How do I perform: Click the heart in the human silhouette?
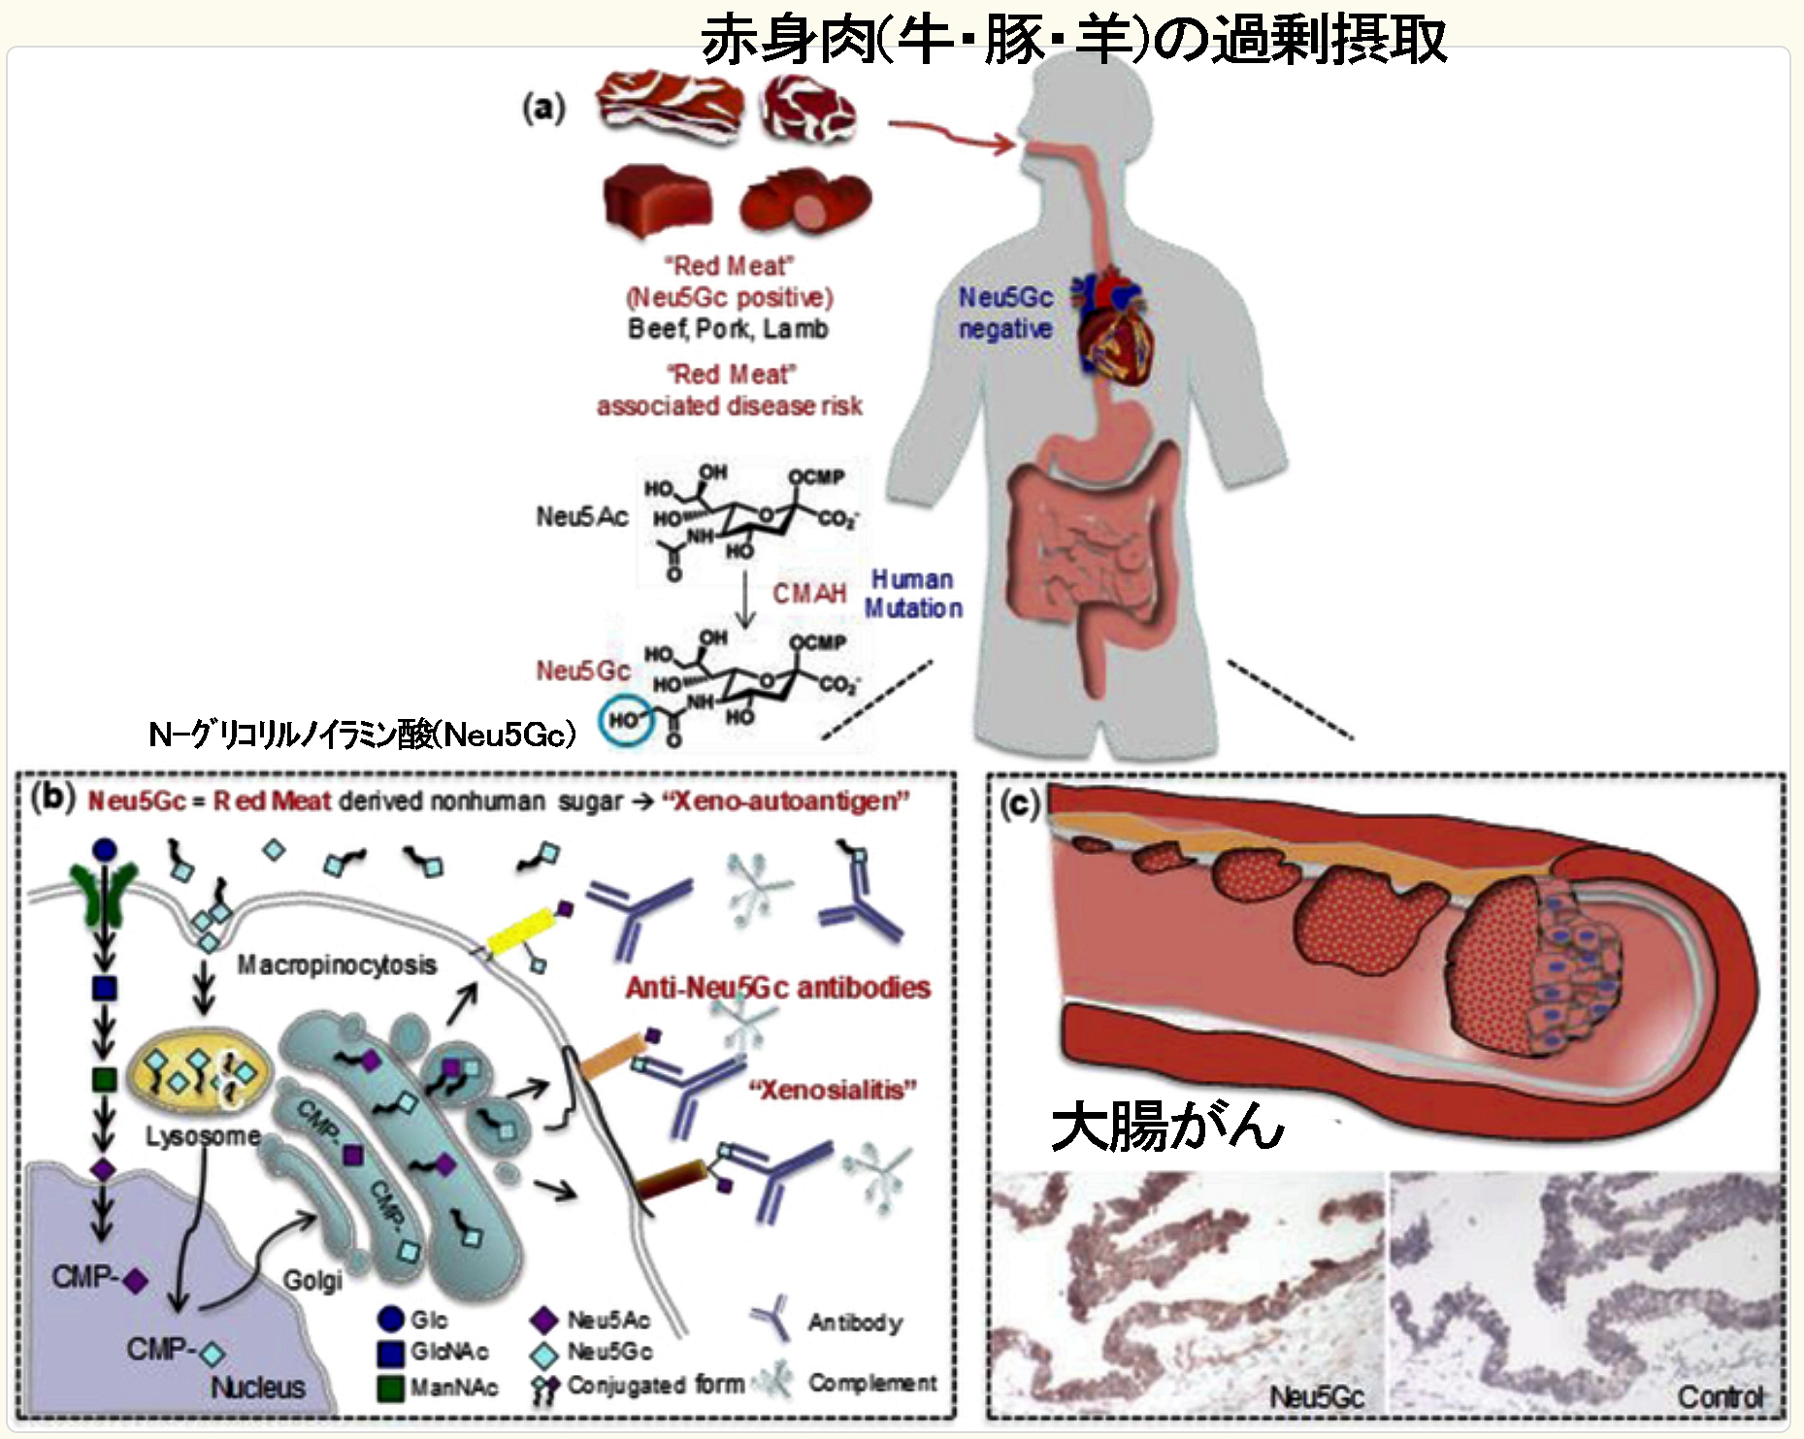tap(1115, 330)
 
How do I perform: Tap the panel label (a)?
tap(543, 108)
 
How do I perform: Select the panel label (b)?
tap(52, 798)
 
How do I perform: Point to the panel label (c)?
tap(1020, 803)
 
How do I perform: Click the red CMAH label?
tap(808, 593)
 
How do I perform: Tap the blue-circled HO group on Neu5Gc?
tap(625, 721)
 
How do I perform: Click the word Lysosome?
tap(203, 1135)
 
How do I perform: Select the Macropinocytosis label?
tap(337, 965)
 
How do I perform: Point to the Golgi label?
tap(312, 1281)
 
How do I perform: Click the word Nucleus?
tap(258, 1387)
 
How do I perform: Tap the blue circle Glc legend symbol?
tap(390, 1319)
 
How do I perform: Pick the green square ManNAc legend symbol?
tap(390, 1387)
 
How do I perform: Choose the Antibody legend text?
tap(854, 1322)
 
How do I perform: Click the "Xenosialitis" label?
tap(833, 1090)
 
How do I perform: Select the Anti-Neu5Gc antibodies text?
tap(777, 988)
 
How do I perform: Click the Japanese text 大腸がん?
tap(1167, 1127)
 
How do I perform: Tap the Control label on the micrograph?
tap(1720, 1397)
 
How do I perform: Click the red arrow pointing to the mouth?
tap(951, 136)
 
